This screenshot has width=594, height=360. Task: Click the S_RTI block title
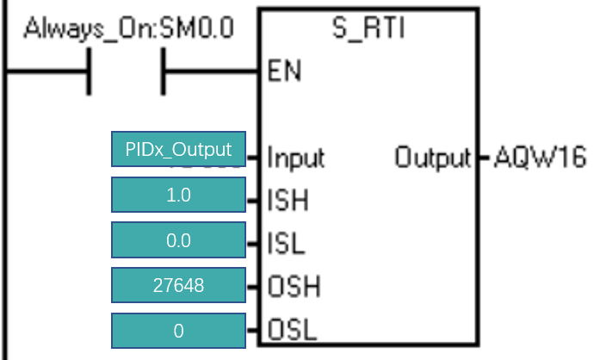pos(368,28)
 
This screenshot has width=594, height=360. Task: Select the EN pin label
pos(284,71)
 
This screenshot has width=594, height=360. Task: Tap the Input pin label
pos(296,158)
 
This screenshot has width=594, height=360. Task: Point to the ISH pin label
pos(288,200)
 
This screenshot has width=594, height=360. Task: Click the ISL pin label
pos(286,243)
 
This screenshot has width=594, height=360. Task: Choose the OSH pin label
pos(294,286)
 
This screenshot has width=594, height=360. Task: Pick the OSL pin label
pos(292,330)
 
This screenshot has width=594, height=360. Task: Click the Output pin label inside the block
pos(433,158)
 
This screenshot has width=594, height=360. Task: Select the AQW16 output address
pos(541,158)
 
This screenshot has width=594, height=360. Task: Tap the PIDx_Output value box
pos(178,149)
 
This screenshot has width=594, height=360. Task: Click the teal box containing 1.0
pos(178,195)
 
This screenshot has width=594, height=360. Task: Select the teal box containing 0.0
pos(178,240)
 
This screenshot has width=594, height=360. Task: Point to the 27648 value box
pos(178,285)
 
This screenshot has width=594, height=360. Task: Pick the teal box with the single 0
pos(178,331)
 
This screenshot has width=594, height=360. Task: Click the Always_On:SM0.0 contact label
pos(129,28)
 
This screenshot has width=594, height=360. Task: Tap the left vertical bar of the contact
pos(89,71)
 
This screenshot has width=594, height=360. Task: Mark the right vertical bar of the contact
pos(164,71)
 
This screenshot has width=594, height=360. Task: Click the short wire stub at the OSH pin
pos(252,287)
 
